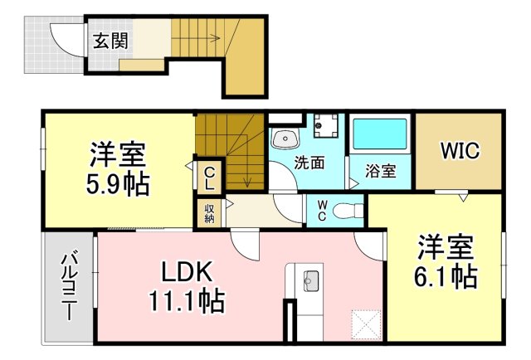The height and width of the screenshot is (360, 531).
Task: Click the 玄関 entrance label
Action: click(110, 41)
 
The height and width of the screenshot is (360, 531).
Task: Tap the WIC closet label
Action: click(460, 150)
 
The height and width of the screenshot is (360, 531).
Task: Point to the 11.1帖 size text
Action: click(187, 301)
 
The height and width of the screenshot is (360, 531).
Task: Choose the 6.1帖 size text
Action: click(446, 277)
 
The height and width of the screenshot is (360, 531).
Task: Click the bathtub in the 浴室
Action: click(380, 134)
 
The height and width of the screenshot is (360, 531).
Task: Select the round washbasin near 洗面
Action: click(285, 139)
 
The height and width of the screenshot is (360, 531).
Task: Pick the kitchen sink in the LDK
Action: click(311, 280)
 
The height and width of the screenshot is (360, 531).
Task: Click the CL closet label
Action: click(210, 178)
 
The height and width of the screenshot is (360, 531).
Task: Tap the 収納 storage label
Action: click(209, 212)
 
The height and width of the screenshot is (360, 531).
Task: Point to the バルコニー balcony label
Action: click(68, 287)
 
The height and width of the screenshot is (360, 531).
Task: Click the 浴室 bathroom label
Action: click(381, 171)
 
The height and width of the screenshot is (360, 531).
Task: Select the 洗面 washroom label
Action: click(309, 163)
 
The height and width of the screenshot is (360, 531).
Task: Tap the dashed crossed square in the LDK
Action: click(367, 324)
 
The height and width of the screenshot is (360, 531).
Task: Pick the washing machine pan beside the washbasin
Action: click(326, 125)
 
